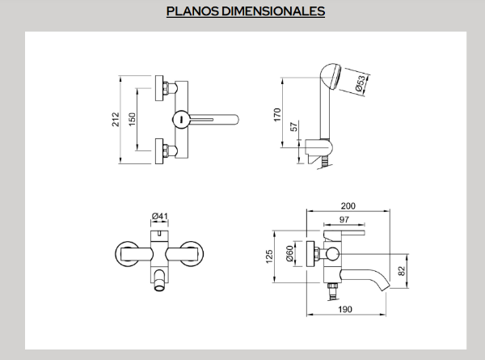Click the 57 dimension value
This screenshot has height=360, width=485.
[x=293, y=128]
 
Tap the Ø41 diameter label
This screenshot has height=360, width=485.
[x=160, y=216]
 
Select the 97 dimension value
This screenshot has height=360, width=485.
[x=344, y=221]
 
